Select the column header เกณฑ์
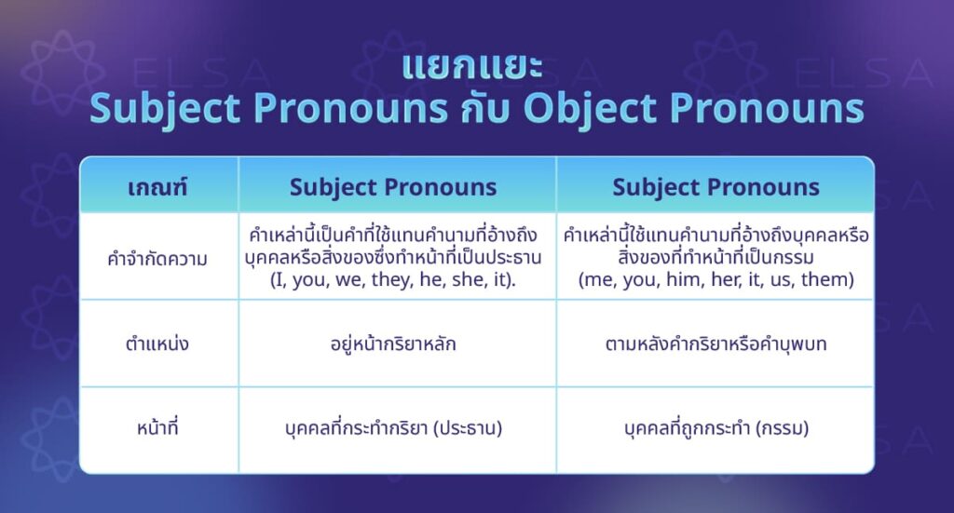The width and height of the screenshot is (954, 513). pos(157,187)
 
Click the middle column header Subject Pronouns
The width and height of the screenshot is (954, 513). pos(393,187)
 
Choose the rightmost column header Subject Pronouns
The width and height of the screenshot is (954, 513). pos(715,187)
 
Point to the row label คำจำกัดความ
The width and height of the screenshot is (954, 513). pos(157,259)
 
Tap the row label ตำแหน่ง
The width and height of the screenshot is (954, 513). pos(157,344)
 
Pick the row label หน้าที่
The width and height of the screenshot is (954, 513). pos(157,429)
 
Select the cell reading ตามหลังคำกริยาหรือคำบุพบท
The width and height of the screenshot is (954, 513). pos(715,344)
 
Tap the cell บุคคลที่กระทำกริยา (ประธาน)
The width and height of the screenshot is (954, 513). pos(394,429)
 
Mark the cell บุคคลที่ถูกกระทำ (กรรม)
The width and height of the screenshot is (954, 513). pos(715,429)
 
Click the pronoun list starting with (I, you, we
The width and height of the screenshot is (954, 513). pos(394,279)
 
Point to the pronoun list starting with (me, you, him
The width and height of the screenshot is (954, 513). pos(715,279)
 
